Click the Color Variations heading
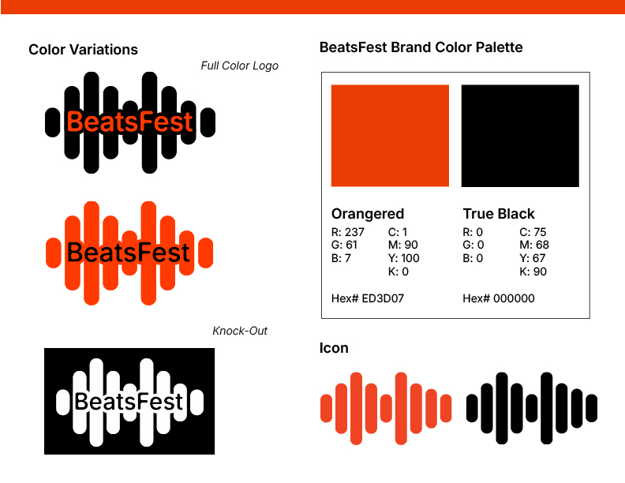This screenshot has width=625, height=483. [x=84, y=50]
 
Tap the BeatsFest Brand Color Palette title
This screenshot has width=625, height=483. [x=421, y=47]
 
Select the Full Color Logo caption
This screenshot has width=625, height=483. [x=240, y=66]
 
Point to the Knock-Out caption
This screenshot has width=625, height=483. [x=240, y=331]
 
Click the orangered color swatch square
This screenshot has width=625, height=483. [x=390, y=136]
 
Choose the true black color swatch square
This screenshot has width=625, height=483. [x=520, y=136]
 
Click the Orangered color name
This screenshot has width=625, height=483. [x=368, y=215]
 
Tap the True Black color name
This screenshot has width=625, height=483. [x=499, y=214]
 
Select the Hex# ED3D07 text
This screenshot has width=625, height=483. [x=368, y=298]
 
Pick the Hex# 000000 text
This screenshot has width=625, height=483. [x=499, y=298]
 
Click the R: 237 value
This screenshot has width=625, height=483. [x=347, y=232]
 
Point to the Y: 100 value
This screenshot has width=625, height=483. [x=403, y=258]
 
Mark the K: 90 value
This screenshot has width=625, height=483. [x=533, y=271]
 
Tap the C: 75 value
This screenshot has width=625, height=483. [x=533, y=232]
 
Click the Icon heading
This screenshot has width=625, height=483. [x=334, y=348]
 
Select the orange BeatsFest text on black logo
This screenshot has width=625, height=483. [x=130, y=122]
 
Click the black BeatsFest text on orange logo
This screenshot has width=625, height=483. [x=129, y=253]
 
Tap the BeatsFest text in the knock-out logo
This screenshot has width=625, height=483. [x=129, y=401]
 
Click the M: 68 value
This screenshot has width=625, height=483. [x=534, y=245]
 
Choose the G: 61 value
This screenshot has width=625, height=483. [x=344, y=245]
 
